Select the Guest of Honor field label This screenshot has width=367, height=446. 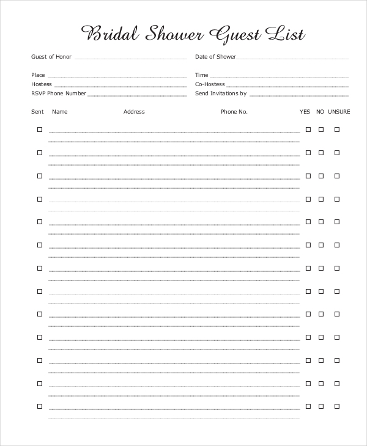coord(51,57)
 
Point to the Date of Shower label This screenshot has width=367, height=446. coord(215,57)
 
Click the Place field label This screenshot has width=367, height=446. coord(38,75)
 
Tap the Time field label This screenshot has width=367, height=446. coord(202,75)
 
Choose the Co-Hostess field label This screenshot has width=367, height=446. coord(210,84)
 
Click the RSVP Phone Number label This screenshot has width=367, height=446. coord(59,93)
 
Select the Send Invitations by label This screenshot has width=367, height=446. coord(221,93)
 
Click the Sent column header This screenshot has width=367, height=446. coord(37,112)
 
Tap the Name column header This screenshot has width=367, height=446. coord(59,112)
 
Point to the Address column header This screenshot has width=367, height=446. coord(134,112)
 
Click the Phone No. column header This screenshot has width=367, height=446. coord(234,112)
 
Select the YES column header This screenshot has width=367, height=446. coord(305,112)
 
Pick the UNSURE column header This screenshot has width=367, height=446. coord(339,112)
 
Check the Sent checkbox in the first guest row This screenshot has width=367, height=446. coord(40,130)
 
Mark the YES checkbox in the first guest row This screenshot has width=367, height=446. coord(308,130)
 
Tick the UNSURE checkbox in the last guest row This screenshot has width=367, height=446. coord(336,406)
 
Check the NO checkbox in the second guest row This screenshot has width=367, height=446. coord(321,153)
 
